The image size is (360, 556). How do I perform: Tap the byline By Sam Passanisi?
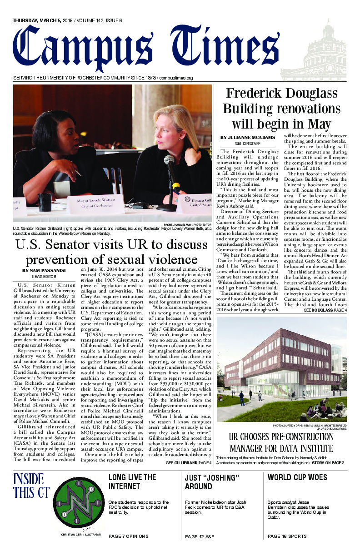pos(44,271)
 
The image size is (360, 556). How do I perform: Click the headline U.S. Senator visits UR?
pos(111,252)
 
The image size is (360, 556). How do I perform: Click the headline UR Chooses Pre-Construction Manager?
pos(281,443)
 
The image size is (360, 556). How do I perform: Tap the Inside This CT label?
pos(28,486)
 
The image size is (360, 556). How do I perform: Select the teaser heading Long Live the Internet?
pos(132,482)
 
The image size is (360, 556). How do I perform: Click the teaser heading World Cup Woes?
pos(297,477)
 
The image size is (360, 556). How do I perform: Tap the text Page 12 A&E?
pos(200,536)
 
